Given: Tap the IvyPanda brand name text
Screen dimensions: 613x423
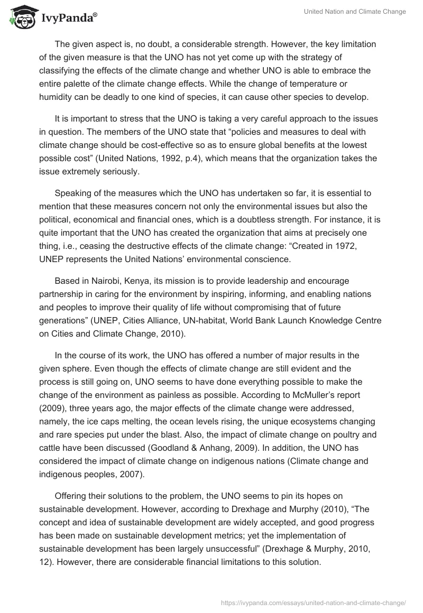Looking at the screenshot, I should [67, 18].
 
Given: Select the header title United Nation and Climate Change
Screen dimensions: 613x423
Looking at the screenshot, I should [352, 12].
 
